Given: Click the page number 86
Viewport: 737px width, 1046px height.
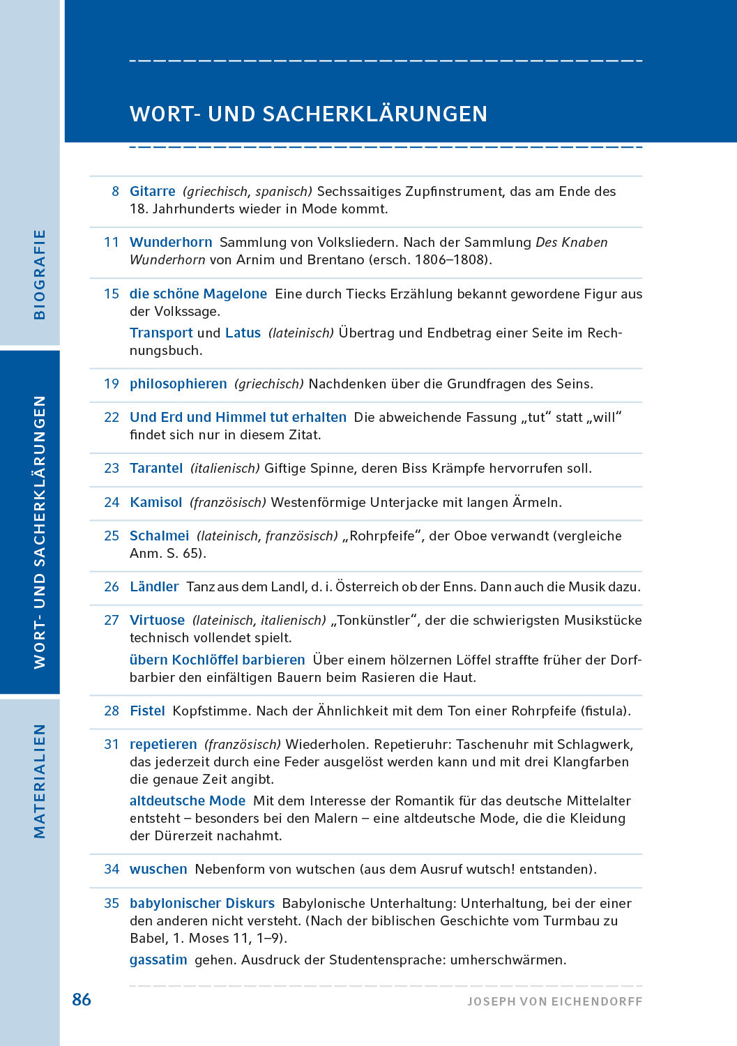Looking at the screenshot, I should click(82, 999).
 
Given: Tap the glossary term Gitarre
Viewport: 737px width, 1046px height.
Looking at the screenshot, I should click(153, 191).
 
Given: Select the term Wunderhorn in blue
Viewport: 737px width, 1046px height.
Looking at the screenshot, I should click(171, 242).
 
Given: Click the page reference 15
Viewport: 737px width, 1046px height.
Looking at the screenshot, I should click(112, 294).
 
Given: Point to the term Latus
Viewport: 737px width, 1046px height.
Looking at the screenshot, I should click(243, 333).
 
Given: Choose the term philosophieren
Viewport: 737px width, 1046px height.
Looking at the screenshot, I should click(178, 384).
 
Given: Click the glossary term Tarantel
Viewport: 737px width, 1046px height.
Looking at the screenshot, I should click(156, 468).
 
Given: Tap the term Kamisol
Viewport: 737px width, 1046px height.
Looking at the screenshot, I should click(155, 502).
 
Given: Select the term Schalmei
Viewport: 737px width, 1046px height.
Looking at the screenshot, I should click(159, 536).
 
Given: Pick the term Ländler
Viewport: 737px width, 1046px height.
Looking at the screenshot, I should click(154, 586).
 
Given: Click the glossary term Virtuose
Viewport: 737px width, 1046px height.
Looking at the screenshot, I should click(157, 620).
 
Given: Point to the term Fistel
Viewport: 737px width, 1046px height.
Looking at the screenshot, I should click(147, 711).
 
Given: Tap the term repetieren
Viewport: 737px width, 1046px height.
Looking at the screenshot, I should click(163, 744).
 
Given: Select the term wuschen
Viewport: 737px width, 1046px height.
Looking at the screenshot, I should click(158, 869).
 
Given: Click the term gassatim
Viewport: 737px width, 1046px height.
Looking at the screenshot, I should click(158, 960).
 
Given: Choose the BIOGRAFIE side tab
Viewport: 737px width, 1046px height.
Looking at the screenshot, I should click(39, 274).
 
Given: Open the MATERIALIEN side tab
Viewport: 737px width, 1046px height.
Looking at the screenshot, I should click(39, 780).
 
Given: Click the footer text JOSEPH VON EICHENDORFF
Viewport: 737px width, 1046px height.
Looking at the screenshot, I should click(554, 1001).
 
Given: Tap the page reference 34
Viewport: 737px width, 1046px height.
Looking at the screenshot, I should click(112, 869).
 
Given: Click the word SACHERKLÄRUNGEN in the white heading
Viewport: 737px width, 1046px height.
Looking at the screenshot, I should click(375, 114).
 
